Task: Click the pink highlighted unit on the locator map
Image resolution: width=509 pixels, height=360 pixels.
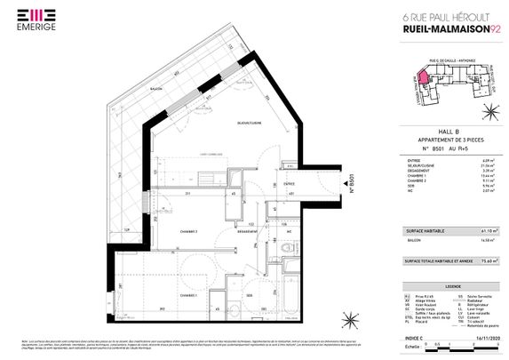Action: click(425, 79)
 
